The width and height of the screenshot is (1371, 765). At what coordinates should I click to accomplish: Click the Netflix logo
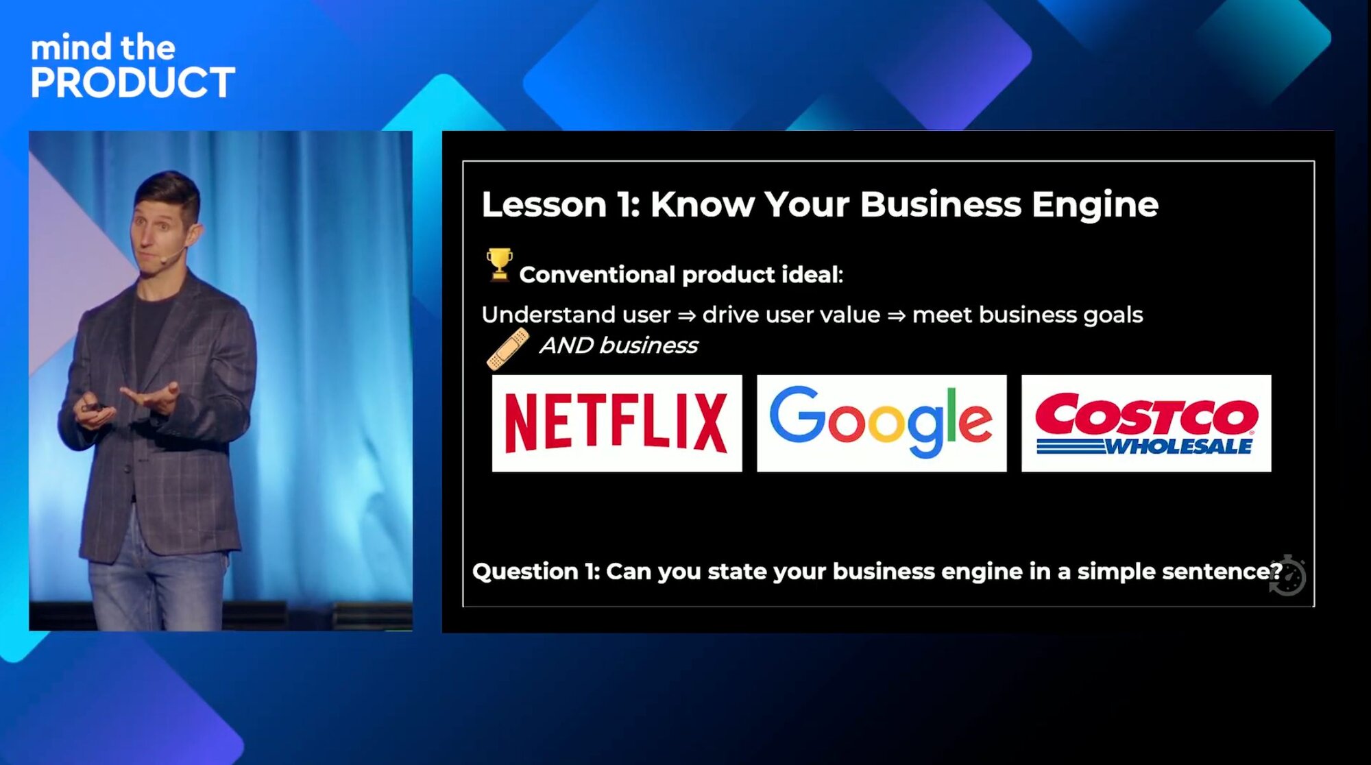click(616, 423)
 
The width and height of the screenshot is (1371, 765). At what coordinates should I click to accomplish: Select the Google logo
click(882, 423)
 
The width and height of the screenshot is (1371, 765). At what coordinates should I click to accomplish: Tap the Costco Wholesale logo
click(1146, 423)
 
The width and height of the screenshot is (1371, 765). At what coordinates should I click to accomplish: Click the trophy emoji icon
click(499, 265)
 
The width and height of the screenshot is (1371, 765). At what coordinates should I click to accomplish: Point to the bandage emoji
click(508, 349)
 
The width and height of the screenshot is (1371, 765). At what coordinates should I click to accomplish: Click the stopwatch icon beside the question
click(1288, 576)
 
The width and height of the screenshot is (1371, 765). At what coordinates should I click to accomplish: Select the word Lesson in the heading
click(544, 204)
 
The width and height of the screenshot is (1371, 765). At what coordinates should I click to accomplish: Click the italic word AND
click(567, 345)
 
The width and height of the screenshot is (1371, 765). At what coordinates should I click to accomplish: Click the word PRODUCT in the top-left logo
click(133, 83)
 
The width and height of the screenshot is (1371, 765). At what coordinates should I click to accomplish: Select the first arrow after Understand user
click(686, 315)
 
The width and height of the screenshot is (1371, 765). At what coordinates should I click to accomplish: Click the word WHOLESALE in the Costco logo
click(1178, 447)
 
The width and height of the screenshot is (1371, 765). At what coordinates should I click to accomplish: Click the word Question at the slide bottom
click(525, 572)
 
